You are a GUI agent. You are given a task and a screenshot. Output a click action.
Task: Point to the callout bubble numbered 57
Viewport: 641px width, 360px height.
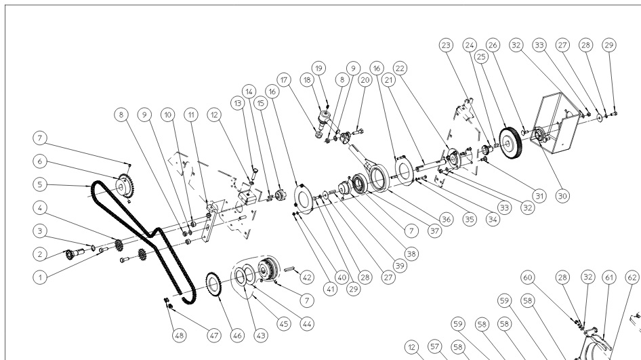[x=435, y=346]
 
